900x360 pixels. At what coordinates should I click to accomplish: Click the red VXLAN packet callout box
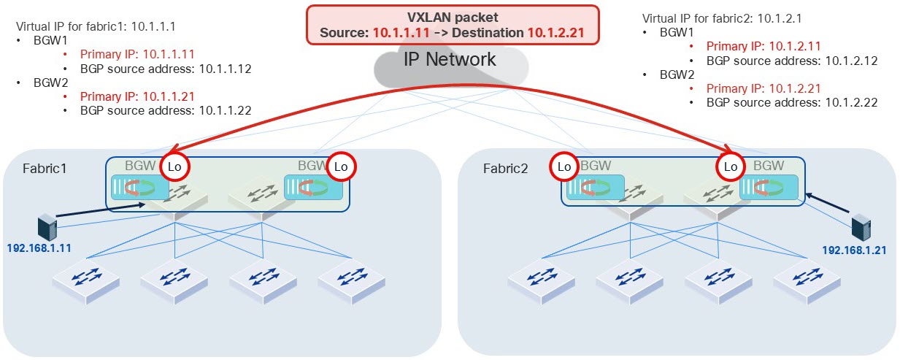[x=453, y=24]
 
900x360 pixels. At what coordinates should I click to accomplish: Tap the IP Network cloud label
[x=450, y=60]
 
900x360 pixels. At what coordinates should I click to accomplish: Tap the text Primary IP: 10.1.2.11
[x=755, y=46]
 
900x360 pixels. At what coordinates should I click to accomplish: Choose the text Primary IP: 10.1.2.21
[x=755, y=88]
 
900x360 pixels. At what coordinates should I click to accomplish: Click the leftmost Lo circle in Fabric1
[x=174, y=166]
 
